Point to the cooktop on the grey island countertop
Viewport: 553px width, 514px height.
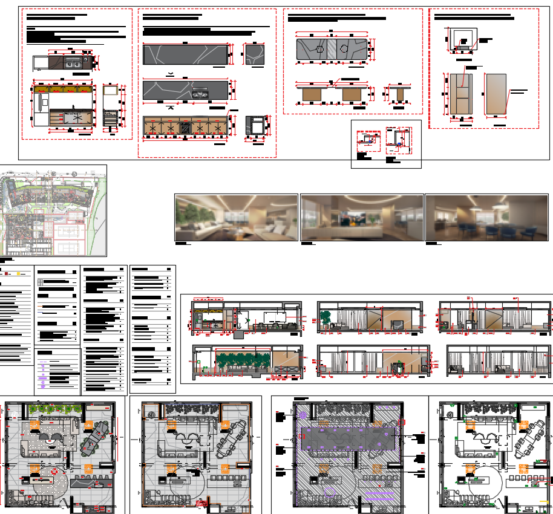[x=199, y=93]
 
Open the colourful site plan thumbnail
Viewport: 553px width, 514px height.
[x=53, y=210]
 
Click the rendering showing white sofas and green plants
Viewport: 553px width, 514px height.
[x=236, y=218]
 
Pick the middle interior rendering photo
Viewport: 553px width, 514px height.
[x=362, y=218]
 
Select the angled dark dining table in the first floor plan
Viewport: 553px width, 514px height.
[x=95, y=437]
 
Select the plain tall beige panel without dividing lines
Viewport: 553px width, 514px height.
[x=496, y=93]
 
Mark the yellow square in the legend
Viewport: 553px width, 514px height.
[x=18, y=274]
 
